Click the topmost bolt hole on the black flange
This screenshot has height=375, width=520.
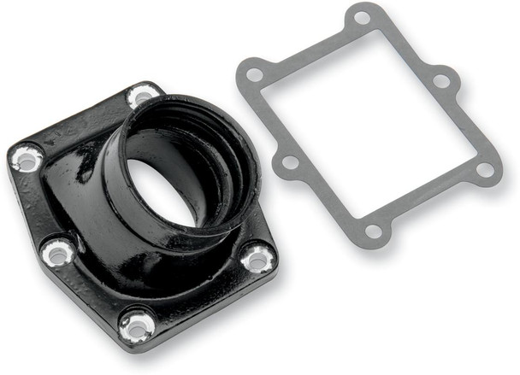pos(141,96)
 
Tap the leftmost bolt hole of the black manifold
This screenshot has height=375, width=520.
pos(27,158)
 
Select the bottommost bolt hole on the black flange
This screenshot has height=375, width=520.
pos(136,324)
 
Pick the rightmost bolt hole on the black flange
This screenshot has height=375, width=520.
pos(257,256)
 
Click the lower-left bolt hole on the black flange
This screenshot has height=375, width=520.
pos(57,252)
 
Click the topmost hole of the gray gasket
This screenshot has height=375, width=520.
pos(363,17)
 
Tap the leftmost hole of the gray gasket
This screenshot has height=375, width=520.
pos(254,75)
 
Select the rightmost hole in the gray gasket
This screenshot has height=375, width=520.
pos(485,169)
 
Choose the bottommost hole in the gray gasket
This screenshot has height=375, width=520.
pos(374,231)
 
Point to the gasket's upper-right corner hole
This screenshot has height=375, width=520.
pos(441,81)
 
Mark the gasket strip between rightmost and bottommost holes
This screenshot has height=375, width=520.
pos(432,202)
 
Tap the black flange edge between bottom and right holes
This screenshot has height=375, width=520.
pos(201,295)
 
